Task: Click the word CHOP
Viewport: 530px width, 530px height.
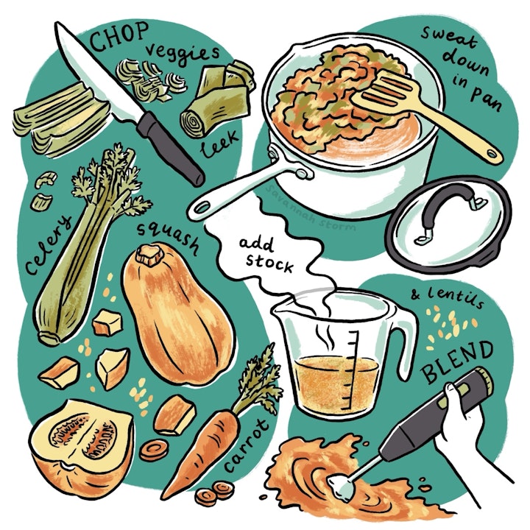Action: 119,37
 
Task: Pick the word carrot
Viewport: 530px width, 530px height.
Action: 254,442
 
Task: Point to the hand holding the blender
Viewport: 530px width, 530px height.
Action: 464,420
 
